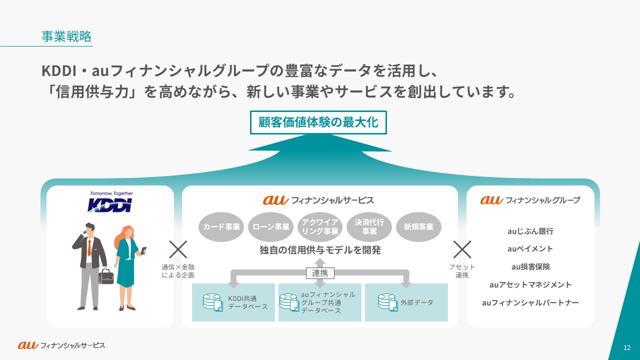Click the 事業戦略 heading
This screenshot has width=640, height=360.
tap(66, 36)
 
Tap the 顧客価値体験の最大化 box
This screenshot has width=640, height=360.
tap(318, 122)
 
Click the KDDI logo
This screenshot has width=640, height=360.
tap(110, 204)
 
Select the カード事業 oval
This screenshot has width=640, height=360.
tap(221, 227)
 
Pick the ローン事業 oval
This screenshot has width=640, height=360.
tap(270, 227)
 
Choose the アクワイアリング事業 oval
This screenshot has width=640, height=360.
tap(320, 227)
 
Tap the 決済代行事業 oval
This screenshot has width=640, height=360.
tap(369, 227)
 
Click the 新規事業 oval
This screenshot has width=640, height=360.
tap(418, 227)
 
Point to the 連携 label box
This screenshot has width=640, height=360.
tap(320, 273)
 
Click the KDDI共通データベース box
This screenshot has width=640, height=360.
tap(233, 302)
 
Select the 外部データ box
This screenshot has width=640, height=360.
tap(406, 302)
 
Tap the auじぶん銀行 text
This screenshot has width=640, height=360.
tap(530, 231)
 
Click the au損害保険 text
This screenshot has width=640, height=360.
tap(530, 266)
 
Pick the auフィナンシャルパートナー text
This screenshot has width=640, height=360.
tap(530, 302)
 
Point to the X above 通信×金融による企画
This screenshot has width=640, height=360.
tap(178, 249)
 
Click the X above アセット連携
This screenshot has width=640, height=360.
tap(462, 249)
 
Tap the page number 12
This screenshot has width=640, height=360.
tap(626, 347)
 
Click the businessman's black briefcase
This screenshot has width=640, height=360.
tap(106, 276)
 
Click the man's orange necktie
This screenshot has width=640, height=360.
tap(89, 247)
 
